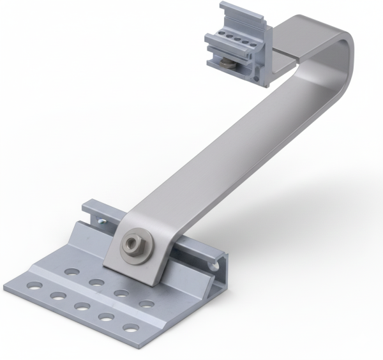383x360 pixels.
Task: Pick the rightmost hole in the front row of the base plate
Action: [x=131, y=329]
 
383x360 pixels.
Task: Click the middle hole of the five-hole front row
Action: [x=81, y=306]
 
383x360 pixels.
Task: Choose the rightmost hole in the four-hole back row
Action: [x=146, y=304]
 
